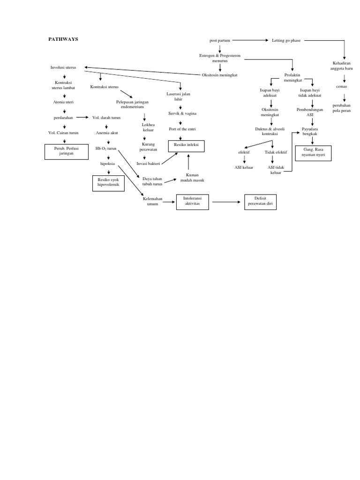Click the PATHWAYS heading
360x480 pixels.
[63, 39]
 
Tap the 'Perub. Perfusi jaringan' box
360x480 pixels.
[66, 151]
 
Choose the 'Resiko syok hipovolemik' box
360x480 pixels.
[108, 182]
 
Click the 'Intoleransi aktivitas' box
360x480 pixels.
[192, 202]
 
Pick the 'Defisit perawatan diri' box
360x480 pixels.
[260, 202]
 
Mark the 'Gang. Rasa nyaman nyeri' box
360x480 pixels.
[314, 153]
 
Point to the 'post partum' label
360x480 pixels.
[220, 41]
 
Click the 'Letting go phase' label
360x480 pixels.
[286, 41]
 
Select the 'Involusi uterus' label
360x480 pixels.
[63, 67]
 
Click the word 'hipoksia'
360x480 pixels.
[107, 164]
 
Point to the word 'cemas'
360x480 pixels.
[341, 87]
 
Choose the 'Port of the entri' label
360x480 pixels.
[180, 129]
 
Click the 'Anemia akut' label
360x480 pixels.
[107, 133]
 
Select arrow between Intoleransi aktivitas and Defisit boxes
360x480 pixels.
[226, 202]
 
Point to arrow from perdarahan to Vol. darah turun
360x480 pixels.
[82, 118]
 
